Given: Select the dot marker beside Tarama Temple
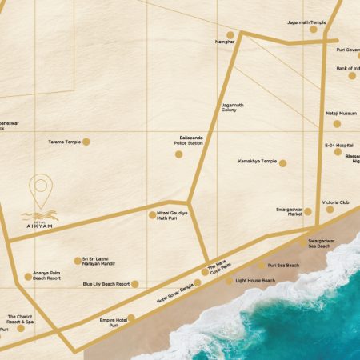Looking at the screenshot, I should point(86,142).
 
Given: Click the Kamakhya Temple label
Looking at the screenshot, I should point(258,161).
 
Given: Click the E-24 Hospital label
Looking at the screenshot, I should point(338,146).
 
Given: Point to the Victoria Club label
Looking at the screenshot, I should point(336,203).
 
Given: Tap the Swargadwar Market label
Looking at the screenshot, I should point(289,211).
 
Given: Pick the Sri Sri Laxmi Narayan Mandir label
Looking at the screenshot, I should point(100,261).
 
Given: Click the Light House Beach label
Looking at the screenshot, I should point(255,281).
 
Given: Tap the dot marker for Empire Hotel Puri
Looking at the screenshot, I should point(131,318).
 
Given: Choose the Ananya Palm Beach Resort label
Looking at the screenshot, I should point(48,277).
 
